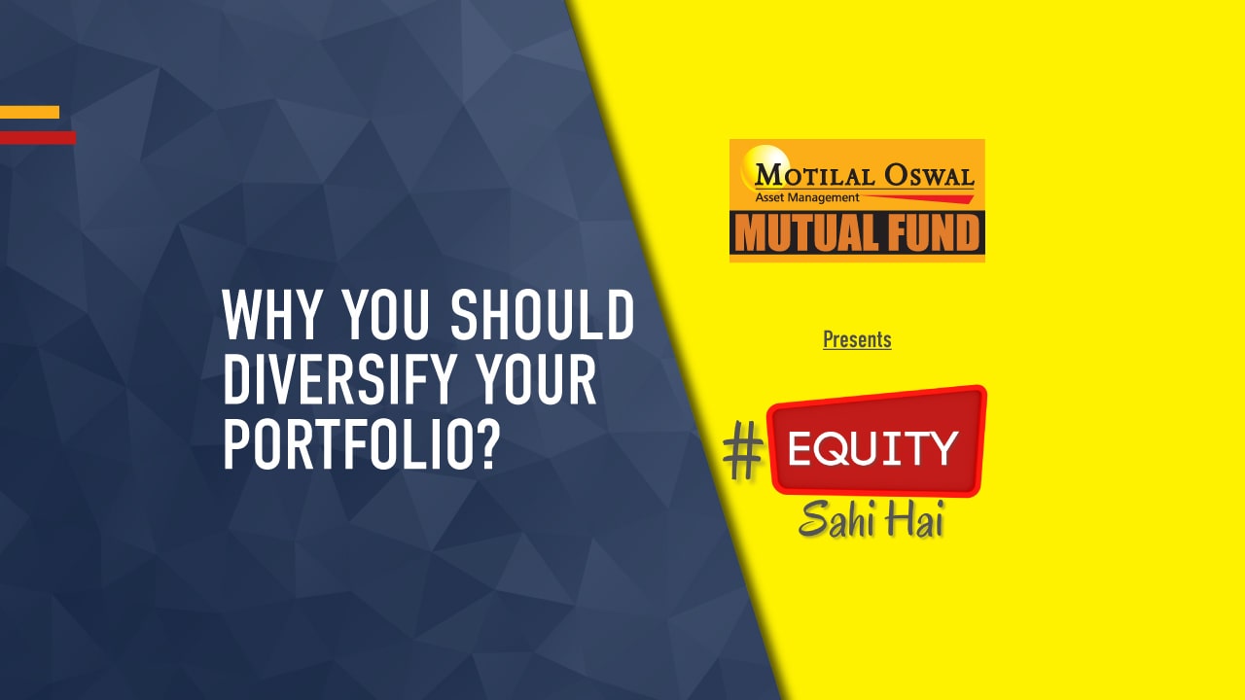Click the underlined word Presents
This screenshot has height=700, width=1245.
click(x=857, y=339)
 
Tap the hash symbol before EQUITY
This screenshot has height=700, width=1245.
click(x=744, y=452)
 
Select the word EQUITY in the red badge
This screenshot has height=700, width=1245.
click(x=872, y=448)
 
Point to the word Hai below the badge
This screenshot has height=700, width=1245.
click(x=915, y=519)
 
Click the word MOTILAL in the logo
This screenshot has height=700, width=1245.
click(x=813, y=176)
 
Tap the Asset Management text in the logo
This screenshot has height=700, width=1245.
click(x=806, y=197)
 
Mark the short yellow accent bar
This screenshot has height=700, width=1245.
click(x=29, y=112)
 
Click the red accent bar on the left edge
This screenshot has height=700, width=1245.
click(x=37, y=137)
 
